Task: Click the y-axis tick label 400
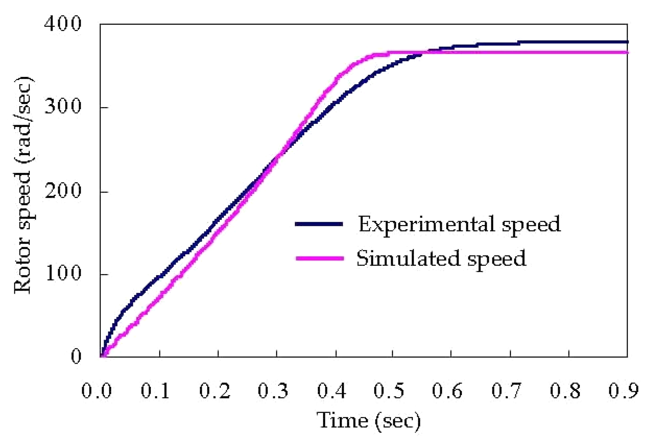[63, 24]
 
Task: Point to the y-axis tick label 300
[63, 106]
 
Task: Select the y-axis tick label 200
[63, 191]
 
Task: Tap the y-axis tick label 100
[63, 274]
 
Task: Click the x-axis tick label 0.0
[96, 391]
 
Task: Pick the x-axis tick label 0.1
[155, 391]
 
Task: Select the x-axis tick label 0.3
[273, 391]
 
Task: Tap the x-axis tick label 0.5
[389, 391]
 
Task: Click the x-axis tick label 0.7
[506, 391]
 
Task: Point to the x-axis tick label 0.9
[623, 391]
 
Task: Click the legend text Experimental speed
[459, 224]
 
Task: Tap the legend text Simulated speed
[441, 258]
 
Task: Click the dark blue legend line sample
[319, 224]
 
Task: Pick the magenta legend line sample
[319, 258]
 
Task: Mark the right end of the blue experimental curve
[627, 42]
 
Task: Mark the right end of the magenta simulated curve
[627, 53]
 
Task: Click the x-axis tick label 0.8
[565, 391]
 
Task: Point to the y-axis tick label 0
[76, 356]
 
